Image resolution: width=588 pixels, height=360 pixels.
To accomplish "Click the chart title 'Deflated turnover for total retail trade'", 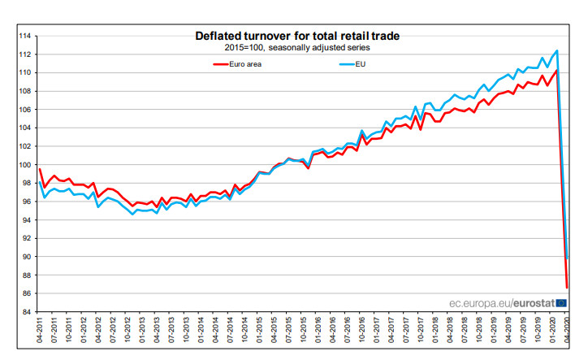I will (297, 36).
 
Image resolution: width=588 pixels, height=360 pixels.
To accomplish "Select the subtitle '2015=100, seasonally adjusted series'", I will (297, 48).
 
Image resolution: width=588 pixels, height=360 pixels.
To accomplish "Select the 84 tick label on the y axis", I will (26, 312).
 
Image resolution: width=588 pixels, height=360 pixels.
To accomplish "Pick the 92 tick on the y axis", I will (26, 238).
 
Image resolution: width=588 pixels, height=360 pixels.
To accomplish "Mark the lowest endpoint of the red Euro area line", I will (566, 287).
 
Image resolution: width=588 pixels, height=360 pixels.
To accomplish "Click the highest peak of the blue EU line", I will (556, 51).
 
